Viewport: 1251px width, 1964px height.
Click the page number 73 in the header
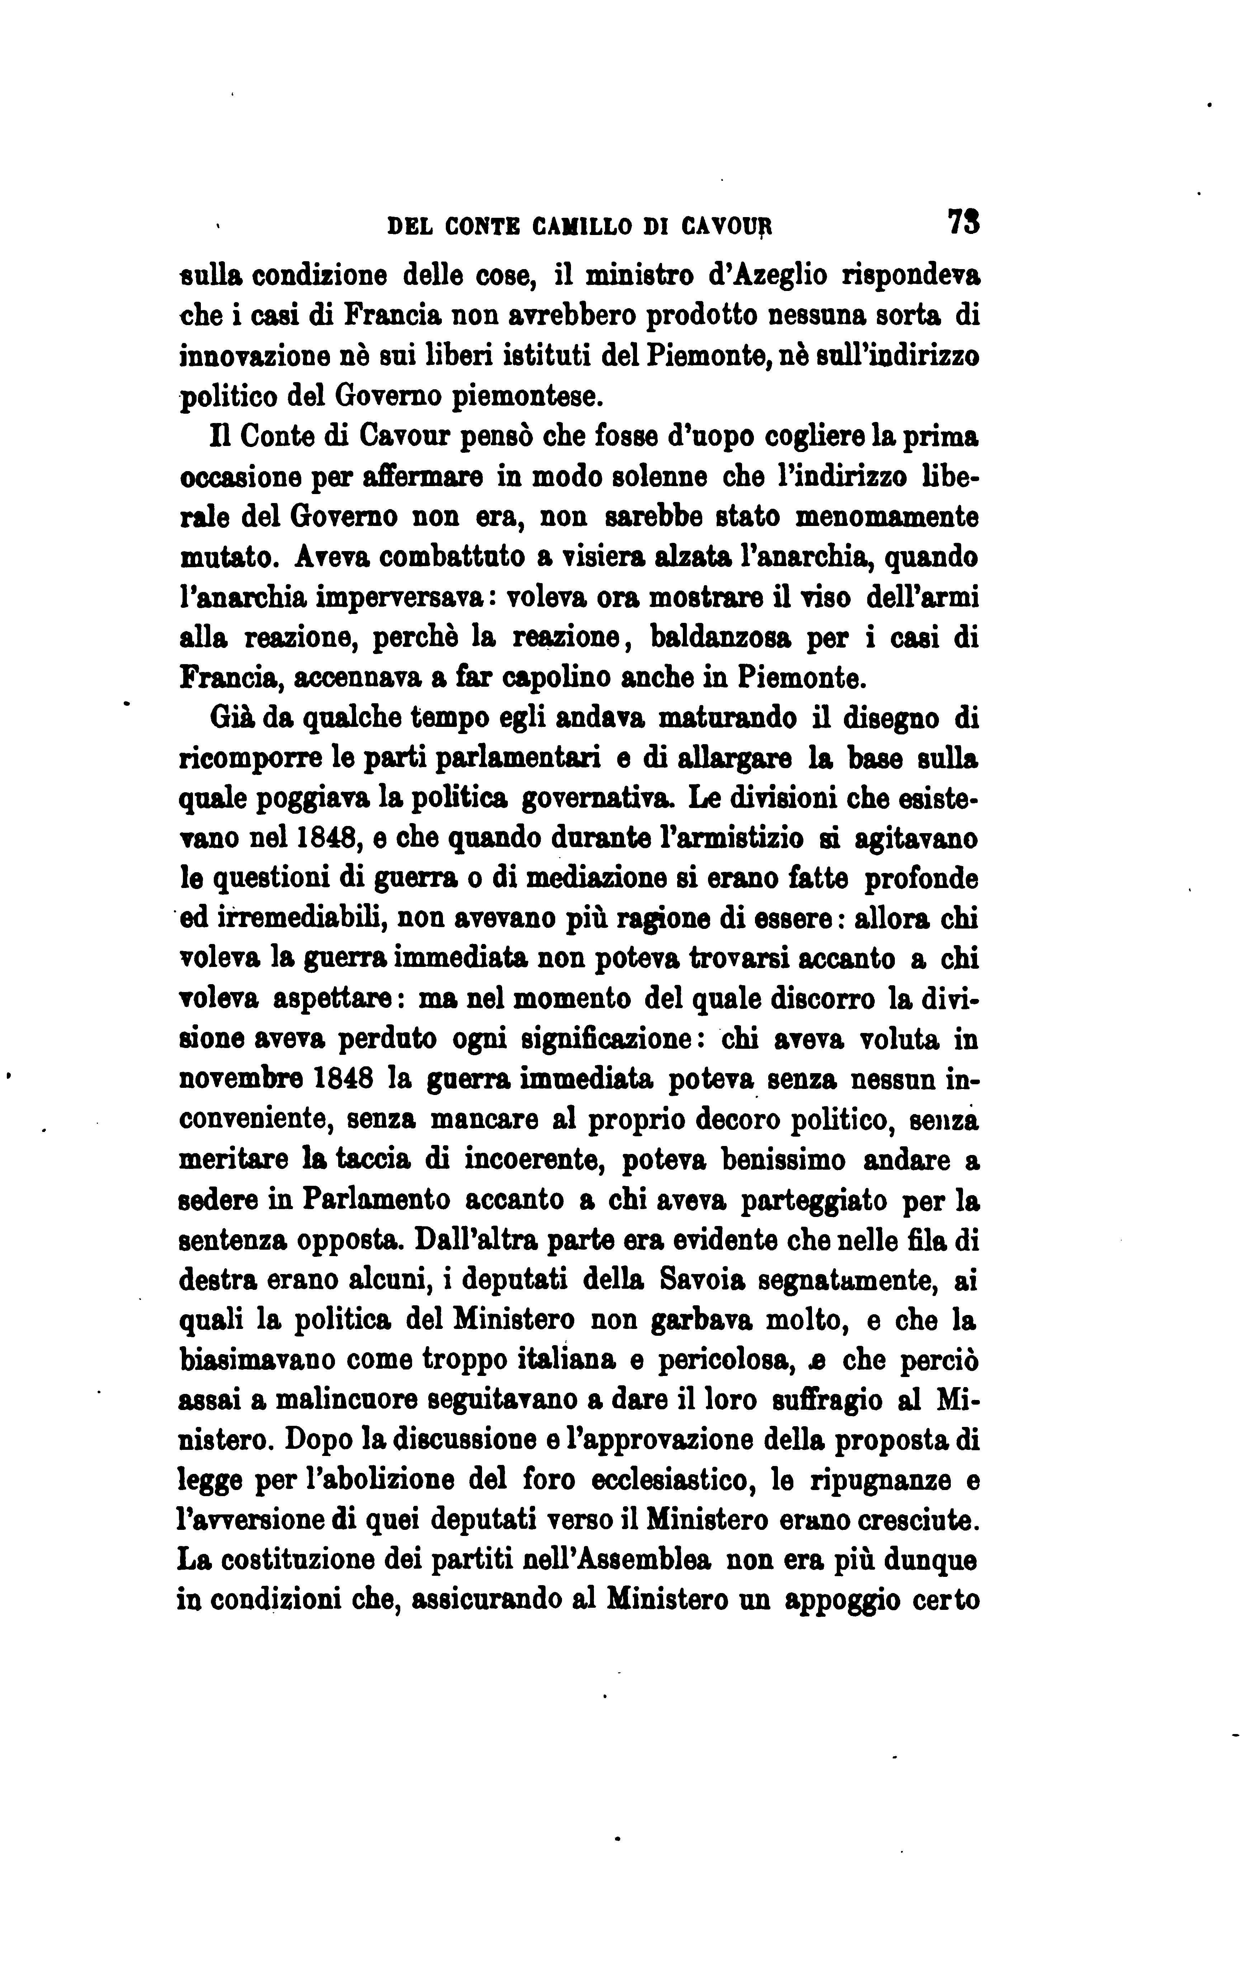tap(964, 222)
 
